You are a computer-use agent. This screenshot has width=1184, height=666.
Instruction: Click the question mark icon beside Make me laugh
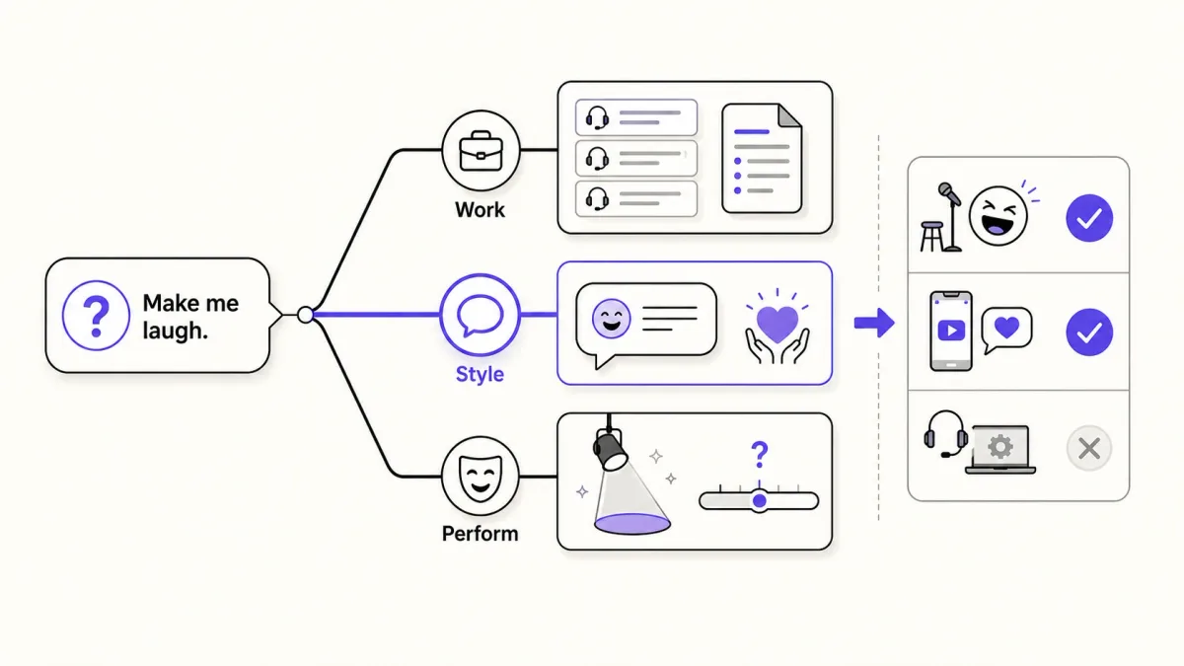pyautogui.click(x=96, y=316)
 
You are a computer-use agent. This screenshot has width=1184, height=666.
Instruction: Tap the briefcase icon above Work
pyautogui.click(x=481, y=151)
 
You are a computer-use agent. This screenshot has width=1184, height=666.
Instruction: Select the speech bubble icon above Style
pyautogui.click(x=480, y=315)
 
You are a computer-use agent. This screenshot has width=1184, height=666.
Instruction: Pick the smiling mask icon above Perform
pyautogui.click(x=480, y=478)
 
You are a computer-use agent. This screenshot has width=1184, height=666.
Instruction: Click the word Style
pyautogui.click(x=480, y=374)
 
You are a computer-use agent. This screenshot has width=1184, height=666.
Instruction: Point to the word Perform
pyautogui.click(x=480, y=534)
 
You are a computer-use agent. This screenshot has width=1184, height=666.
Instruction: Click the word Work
pyautogui.click(x=480, y=210)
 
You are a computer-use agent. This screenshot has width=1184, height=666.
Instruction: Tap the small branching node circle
pyautogui.click(x=305, y=315)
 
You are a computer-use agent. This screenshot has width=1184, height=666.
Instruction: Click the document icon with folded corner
pyautogui.click(x=762, y=158)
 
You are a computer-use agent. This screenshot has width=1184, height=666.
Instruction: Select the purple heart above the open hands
pyautogui.click(x=777, y=324)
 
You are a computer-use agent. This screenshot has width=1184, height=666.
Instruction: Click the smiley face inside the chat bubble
pyautogui.click(x=611, y=319)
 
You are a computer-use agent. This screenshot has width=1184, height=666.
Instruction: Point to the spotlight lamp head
pyautogui.click(x=610, y=450)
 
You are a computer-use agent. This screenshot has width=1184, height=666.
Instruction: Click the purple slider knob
pyautogui.click(x=760, y=500)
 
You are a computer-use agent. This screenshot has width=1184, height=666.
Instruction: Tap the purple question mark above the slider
pyautogui.click(x=760, y=455)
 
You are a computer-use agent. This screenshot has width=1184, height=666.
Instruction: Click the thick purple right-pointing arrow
pyautogui.click(x=874, y=323)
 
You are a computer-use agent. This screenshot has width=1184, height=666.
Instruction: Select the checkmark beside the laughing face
pyautogui.click(x=1089, y=218)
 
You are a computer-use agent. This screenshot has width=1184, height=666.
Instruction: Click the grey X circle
pyautogui.click(x=1089, y=448)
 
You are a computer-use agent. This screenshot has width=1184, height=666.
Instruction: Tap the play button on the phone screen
pyautogui.click(x=951, y=331)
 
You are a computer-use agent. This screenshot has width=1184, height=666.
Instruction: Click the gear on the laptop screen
pyautogui.click(x=1000, y=447)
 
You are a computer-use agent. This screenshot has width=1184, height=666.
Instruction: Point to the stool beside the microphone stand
pyautogui.click(x=931, y=236)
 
